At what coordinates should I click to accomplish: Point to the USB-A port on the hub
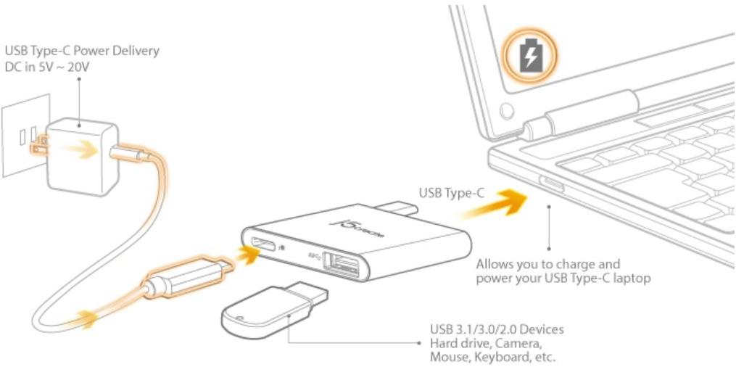tap(343, 264)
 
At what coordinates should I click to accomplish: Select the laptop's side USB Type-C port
tap(552, 184)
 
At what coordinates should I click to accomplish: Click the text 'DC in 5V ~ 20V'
tap(47, 67)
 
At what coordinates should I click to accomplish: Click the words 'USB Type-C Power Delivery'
tap(82, 51)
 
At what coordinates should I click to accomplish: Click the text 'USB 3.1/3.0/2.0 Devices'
tap(497, 329)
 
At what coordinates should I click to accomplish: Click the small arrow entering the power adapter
tap(83, 150)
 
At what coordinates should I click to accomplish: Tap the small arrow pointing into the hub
tap(247, 255)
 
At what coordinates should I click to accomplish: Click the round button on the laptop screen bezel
tap(506, 111)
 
